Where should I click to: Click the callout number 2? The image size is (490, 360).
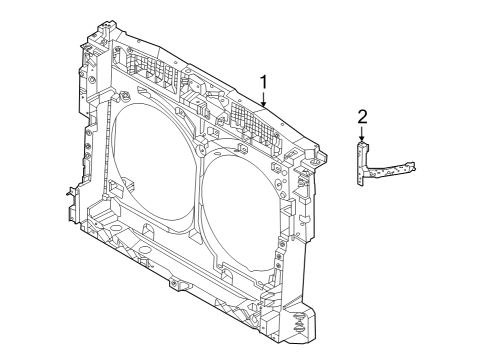tap(362, 118)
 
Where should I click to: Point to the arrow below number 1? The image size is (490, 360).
tap(263, 100)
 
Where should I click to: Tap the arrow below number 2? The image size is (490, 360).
tap(362, 136)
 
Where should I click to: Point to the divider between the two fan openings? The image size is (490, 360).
tap(199, 180)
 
